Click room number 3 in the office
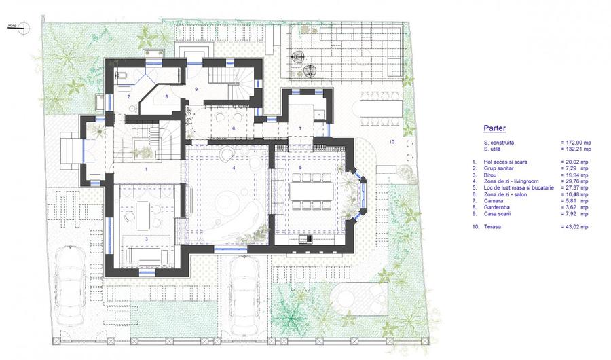tap(146, 240)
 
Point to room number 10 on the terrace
tap(391, 141)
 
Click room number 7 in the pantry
tap(299, 128)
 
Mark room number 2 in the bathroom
tap(127, 97)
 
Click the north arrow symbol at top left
tap(24, 28)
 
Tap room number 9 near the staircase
tap(196, 89)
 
